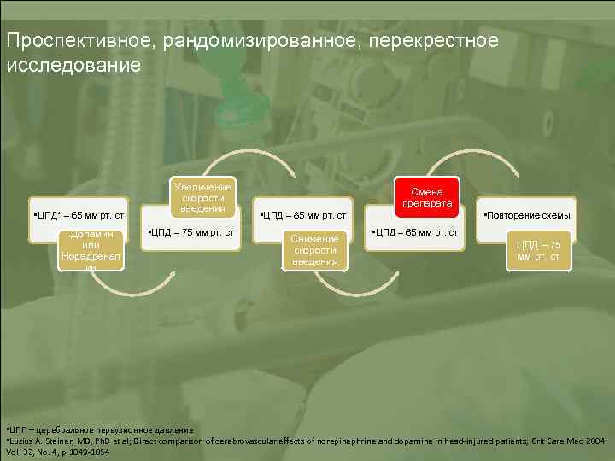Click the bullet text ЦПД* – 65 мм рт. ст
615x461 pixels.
pos(78,214)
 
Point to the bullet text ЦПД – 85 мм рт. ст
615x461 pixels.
pos(302,214)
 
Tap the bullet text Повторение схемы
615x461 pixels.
pos(527,214)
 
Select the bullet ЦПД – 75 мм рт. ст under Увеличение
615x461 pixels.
pos(191,232)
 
